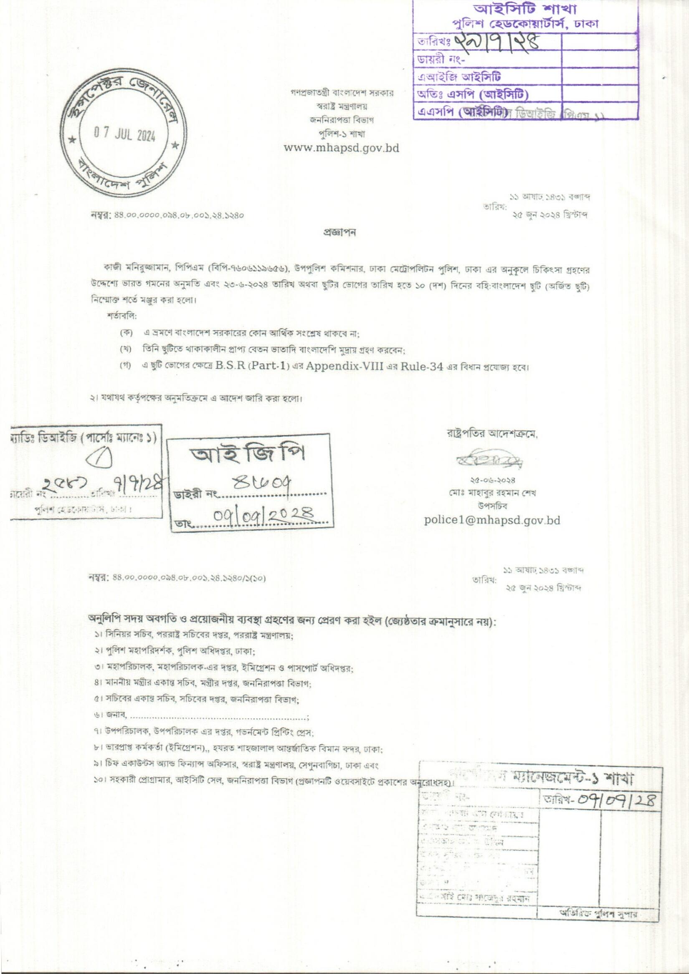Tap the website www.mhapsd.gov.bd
[x=342, y=148]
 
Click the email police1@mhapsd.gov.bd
[x=492, y=520]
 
